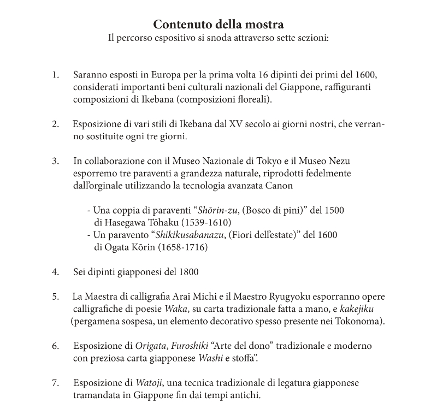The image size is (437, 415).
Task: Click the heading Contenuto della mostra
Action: (x=218, y=25)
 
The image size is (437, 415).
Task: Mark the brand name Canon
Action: (x=281, y=186)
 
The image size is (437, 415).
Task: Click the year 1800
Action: (x=188, y=271)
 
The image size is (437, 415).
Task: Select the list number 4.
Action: (x=55, y=271)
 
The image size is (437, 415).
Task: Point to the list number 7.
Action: (x=55, y=383)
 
